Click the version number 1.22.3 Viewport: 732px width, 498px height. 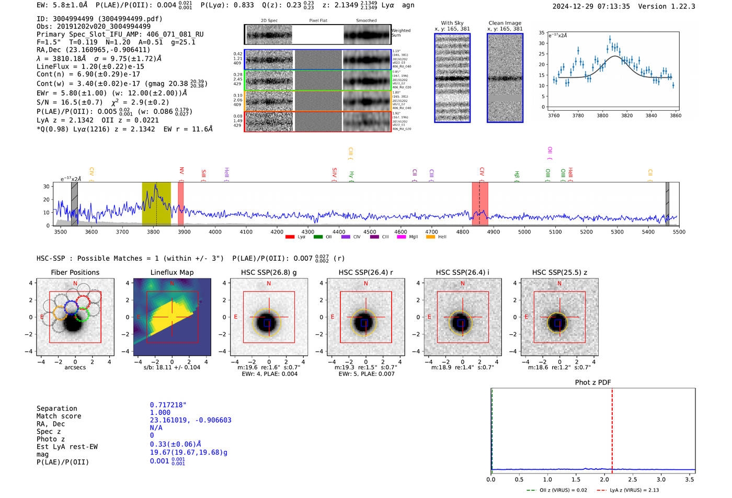coord(678,6)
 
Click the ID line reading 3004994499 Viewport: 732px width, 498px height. coord(99,19)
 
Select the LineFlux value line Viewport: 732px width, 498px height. coord(90,66)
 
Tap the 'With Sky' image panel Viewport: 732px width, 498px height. coord(452,78)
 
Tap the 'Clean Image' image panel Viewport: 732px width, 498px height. coord(505,78)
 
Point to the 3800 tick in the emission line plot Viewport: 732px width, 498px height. coord(602,115)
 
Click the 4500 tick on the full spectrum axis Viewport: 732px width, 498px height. coord(370,231)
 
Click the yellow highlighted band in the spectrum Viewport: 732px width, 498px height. coord(156,204)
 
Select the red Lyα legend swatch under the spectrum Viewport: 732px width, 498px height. coord(290,237)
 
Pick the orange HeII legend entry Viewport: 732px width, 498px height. coord(437,237)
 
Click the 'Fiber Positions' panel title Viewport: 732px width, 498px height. coord(75,272)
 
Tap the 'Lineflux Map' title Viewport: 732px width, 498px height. coord(171,272)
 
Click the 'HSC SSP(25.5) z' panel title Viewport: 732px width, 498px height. coord(559,272)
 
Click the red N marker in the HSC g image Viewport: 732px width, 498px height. coord(269,284)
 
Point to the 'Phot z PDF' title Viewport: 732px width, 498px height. coord(592,383)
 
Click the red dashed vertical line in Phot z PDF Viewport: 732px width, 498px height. coord(612,428)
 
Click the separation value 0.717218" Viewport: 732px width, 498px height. coord(168,405)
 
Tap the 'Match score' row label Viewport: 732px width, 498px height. coord(59,416)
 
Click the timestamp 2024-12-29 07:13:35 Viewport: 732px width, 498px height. coord(591,6)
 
